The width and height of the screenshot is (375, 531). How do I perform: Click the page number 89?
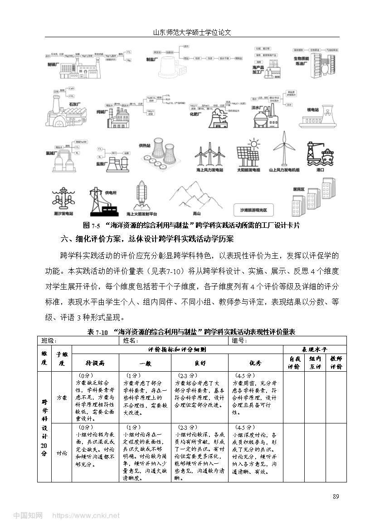[x=336, y=496]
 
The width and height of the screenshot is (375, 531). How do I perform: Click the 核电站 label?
[x=313, y=110]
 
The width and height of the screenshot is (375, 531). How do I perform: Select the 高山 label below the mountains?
[x=196, y=213]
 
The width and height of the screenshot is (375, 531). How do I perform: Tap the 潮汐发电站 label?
[x=63, y=213]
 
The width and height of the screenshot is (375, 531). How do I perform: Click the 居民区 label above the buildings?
[x=298, y=188]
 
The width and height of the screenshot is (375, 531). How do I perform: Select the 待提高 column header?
[x=95, y=363]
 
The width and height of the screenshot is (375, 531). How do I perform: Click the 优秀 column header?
[x=256, y=363]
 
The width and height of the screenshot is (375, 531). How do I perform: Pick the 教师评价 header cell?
[x=336, y=363]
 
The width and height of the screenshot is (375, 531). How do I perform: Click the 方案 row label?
[x=62, y=397]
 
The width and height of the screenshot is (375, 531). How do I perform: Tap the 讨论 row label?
[x=62, y=452]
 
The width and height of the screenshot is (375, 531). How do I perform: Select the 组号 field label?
[x=239, y=340]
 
